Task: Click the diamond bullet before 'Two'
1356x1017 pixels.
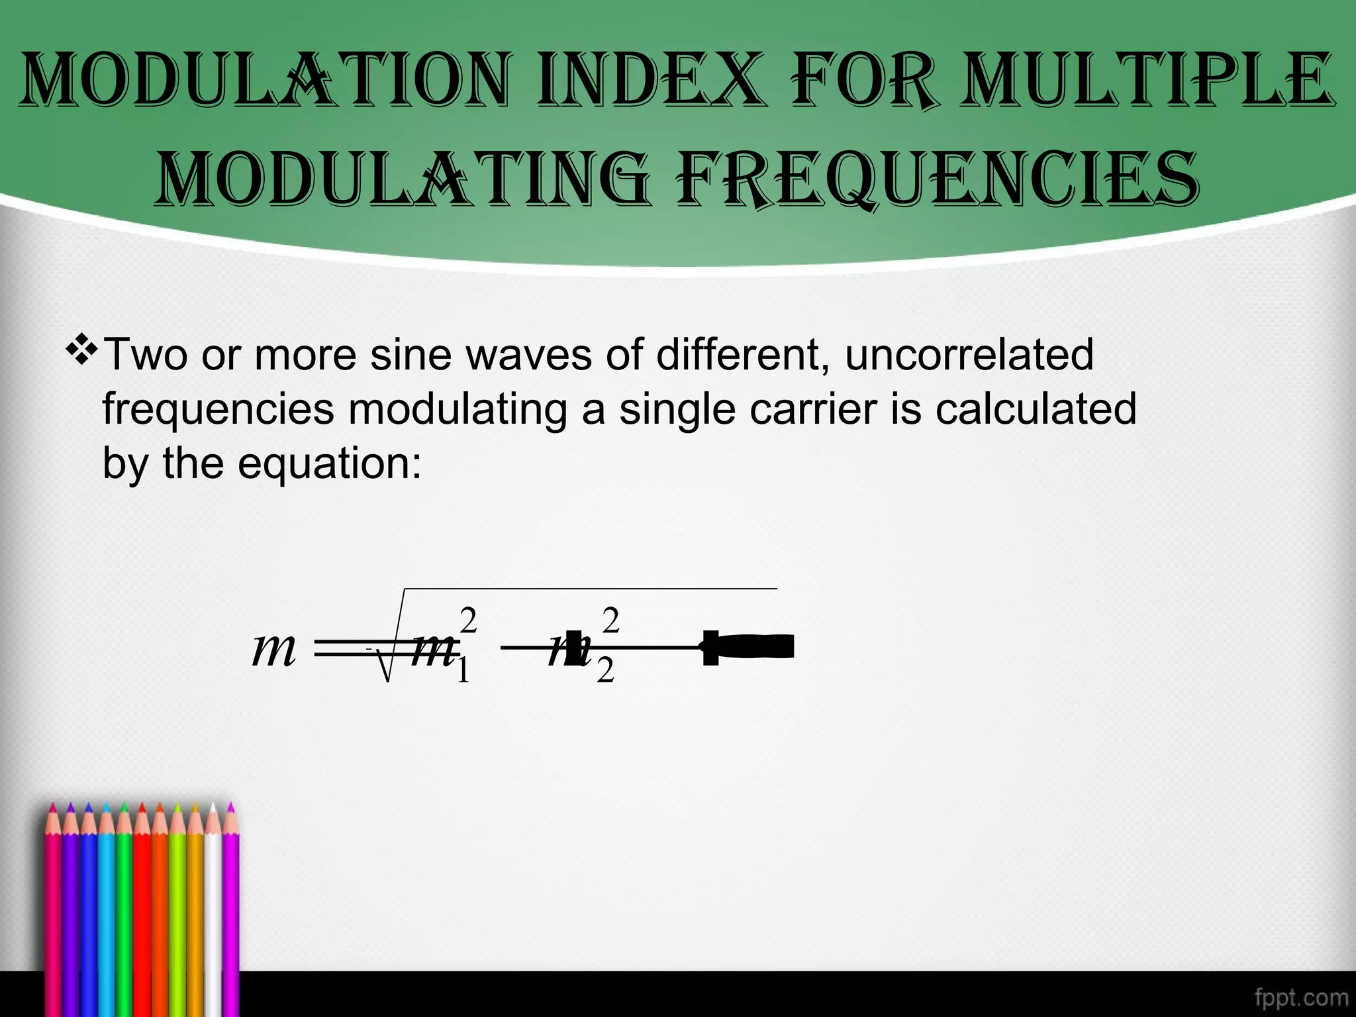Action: (x=82, y=351)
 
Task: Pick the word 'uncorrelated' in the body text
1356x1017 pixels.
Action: (x=969, y=355)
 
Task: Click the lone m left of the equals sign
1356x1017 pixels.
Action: (x=273, y=649)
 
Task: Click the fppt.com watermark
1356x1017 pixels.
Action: (x=1301, y=997)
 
